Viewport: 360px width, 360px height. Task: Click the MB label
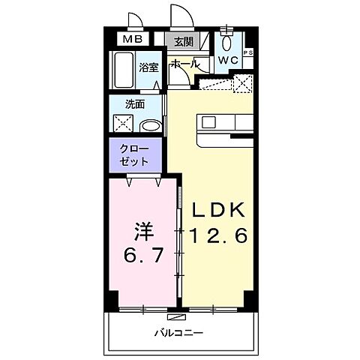click(x=133, y=40)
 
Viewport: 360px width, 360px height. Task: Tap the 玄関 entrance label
click(x=183, y=42)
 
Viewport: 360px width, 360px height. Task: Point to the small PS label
click(x=247, y=52)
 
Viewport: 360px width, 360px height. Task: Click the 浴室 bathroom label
click(x=148, y=67)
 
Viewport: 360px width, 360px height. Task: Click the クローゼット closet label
click(x=133, y=155)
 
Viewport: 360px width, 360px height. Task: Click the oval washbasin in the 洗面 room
click(x=150, y=125)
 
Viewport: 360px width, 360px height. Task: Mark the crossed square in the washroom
click(x=121, y=124)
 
